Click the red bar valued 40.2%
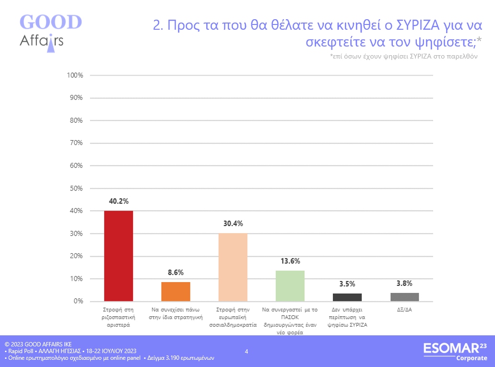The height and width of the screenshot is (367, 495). [x=118, y=256]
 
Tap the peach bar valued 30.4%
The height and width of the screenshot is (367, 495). [x=233, y=267]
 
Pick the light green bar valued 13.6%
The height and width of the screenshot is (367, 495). [x=290, y=286]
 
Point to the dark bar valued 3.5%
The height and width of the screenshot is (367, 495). [x=347, y=297]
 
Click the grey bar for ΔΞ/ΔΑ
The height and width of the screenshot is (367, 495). [x=404, y=297]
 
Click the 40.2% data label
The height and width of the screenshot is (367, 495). [x=118, y=201]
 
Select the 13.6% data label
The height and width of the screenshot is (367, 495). [x=290, y=261]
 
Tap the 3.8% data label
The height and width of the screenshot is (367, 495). [x=404, y=283]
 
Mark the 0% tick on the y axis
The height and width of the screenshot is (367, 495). [x=78, y=301]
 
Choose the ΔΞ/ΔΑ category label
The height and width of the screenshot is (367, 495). [x=404, y=309]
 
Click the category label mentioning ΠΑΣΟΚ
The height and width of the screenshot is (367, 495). [x=290, y=321]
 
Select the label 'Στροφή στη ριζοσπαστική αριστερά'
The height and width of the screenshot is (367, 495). [x=118, y=317]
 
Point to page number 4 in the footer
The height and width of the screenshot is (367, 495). [x=247, y=352]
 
